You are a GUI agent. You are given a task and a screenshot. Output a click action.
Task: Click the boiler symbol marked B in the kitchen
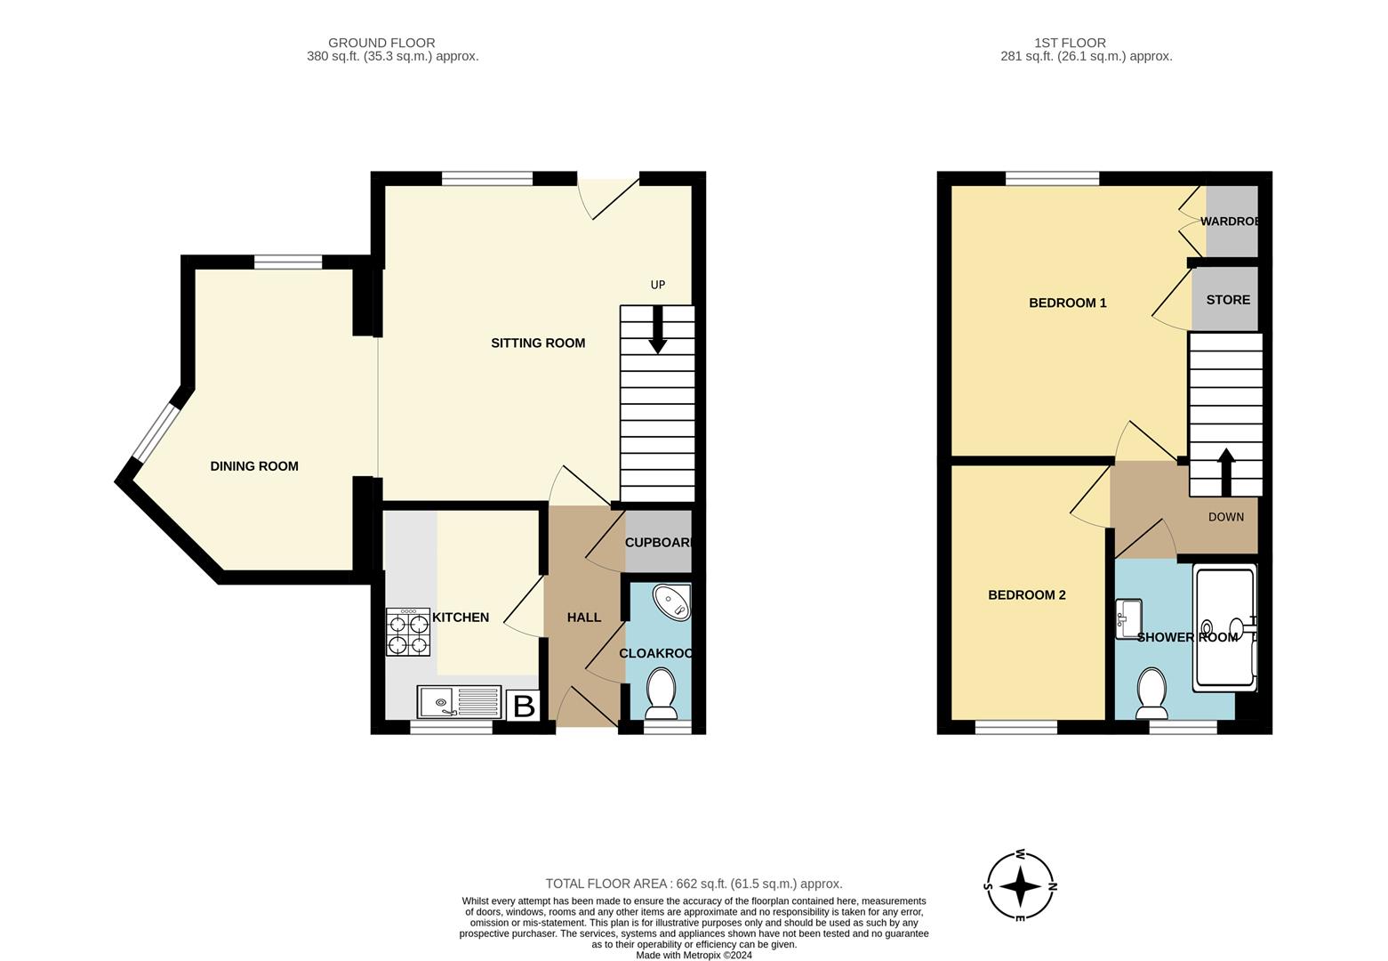click(524, 707)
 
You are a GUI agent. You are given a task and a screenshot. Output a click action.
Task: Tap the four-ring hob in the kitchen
click(408, 632)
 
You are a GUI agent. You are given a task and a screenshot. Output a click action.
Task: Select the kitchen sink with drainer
click(459, 702)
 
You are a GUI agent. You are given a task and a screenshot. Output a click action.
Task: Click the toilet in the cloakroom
click(661, 694)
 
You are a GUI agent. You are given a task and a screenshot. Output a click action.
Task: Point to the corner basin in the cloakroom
click(671, 602)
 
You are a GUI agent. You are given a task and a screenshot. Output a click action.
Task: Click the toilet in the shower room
click(1152, 693)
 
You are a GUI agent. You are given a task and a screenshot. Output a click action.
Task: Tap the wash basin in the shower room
click(1128, 618)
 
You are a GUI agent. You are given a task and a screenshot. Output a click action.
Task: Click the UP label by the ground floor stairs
click(658, 285)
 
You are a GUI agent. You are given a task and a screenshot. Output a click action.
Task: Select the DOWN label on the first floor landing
click(1225, 517)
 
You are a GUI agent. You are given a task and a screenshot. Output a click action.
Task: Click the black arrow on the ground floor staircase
click(657, 330)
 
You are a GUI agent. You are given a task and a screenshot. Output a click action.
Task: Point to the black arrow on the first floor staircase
click(1226, 471)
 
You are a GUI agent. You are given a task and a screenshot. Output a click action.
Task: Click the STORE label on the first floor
click(1227, 300)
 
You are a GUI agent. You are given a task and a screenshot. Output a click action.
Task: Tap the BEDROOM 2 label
click(1026, 594)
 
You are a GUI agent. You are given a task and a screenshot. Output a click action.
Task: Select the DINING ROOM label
click(254, 466)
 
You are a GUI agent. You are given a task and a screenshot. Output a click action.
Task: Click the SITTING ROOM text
click(538, 343)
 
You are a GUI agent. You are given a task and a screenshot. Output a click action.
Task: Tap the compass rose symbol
click(1021, 886)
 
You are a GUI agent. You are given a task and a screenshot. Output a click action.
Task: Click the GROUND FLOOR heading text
click(381, 43)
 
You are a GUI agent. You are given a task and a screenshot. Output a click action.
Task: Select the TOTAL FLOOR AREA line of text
click(694, 884)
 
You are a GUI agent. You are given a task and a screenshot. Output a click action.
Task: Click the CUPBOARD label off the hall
click(658, 543)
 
